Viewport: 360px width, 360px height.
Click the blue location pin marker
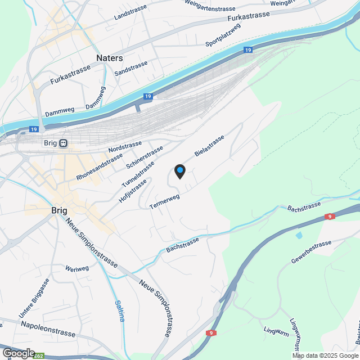click(179, 171)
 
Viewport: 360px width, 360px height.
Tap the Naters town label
click(109, 58)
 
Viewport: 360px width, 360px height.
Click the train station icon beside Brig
click(64, 143)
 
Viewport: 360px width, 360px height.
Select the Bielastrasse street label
click(209, 145)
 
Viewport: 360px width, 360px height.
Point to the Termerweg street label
click(165, 202)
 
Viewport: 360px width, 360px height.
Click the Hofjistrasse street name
click(133, 190)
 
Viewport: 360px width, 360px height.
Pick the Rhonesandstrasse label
click(100, 167)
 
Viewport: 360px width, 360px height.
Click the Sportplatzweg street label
click(223, 34)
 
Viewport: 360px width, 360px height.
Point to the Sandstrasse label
click(130, 69)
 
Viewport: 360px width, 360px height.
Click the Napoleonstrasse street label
click(48, 329)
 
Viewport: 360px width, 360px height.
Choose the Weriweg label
click(78, 268)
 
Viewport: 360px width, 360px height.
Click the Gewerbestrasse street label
click(311, 252)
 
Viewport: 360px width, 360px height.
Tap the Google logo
click(18, 353)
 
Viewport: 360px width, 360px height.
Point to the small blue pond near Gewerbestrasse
click(298, 235)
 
